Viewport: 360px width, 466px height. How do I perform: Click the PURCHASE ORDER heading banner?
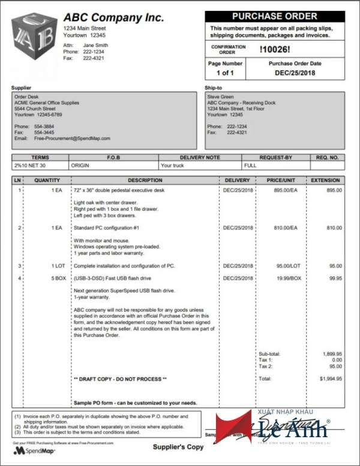(x=275, y=17)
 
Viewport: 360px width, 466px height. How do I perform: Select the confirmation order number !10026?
(x=275, y=49)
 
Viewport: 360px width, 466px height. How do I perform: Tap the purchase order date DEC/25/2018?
(x=295, y=73)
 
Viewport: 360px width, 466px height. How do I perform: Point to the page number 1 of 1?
(x=225, y=73)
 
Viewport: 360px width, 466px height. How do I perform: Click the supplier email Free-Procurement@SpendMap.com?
(x=73, y=138)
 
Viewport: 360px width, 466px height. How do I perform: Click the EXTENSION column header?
(x=326, y=180)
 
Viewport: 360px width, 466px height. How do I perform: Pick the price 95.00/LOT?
(x=286, y=265)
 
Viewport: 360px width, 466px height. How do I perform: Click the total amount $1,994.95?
(x=331, y=379)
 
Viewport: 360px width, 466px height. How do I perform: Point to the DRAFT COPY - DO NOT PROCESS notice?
(x=120, y=380)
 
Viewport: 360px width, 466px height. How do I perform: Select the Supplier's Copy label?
(x=178, y=447)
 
